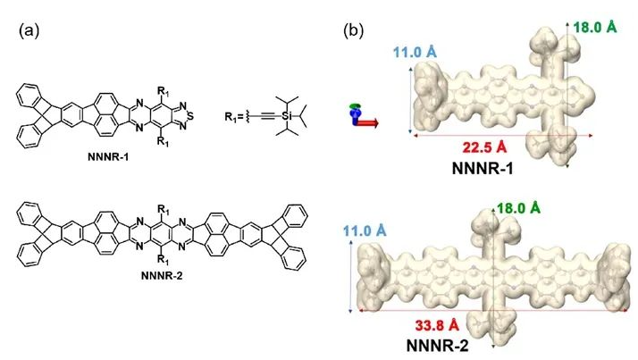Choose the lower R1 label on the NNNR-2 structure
[x=164, y=261]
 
